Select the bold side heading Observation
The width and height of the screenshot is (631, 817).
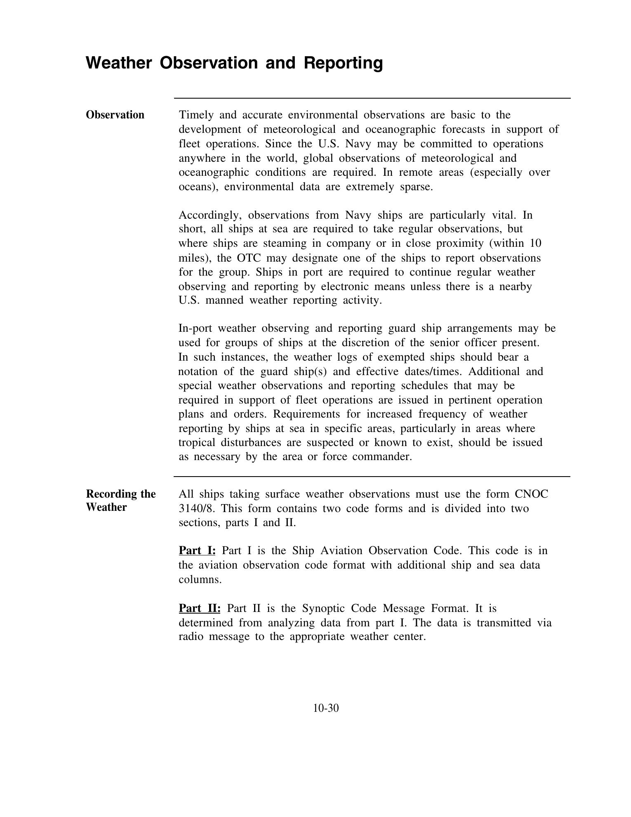(115, 115)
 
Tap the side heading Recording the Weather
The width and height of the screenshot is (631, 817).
(120, 501)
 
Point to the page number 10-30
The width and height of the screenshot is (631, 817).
(326, 708)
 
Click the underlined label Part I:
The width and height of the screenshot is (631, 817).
(197, 550)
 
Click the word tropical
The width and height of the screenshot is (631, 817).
(196, 442)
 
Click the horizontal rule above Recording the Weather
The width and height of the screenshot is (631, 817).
(372, 477)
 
